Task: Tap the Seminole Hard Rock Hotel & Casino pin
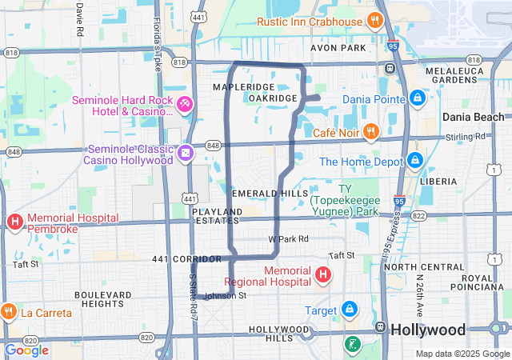(185, 104)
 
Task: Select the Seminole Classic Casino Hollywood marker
(186, 152)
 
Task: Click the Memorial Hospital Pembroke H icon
(14, 222)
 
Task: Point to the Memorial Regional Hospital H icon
(323, 276)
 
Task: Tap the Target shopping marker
(350, 309)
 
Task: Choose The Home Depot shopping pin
(414, 161)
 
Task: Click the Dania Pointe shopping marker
(416, 98)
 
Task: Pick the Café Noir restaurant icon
(370, 132)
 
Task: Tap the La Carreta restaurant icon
(9, 312)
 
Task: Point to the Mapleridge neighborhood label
(244, 86)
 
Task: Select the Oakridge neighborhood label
(273, 98)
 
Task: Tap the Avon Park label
(338, 47)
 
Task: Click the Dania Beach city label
(474, 117)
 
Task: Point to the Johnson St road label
(226, 296)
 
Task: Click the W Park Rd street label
(288, 238)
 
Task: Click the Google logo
(27, 350)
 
